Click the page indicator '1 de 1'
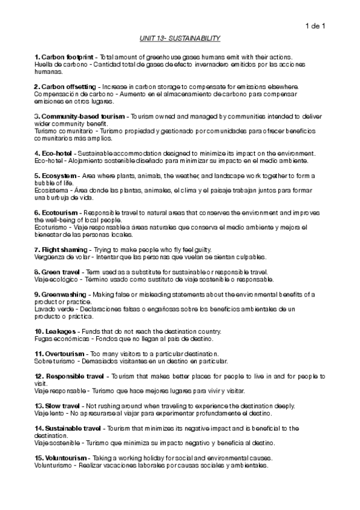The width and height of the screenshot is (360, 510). tap(315, 25)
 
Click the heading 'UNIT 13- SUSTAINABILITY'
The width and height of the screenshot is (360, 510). tap(180, 38)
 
